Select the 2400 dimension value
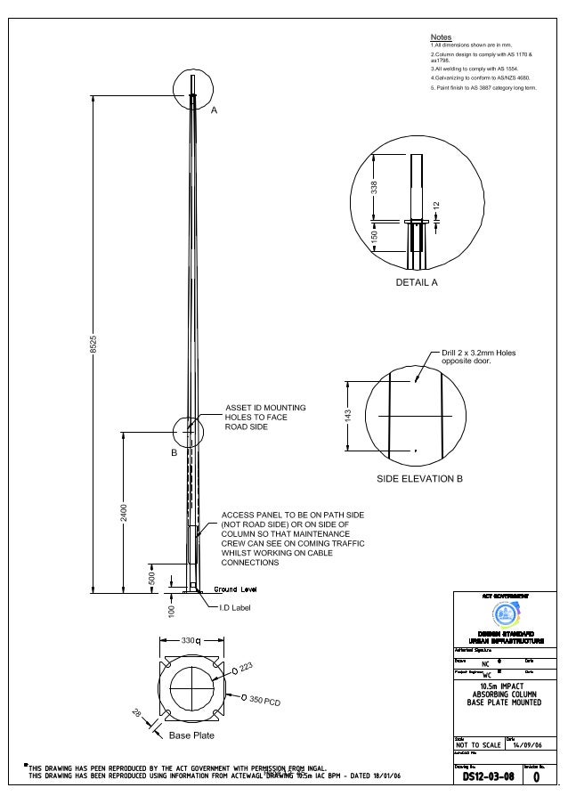[x=125, y=513]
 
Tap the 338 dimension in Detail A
[x=375, y=187]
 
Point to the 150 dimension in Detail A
[x=375, y=237]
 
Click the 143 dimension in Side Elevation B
[x=349, y=416]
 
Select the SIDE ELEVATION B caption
[x=420, y=479]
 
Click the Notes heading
[x=441, y=37]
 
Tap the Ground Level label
[x=236, y=589]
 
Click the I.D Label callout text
[x=236, y=608]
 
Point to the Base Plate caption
[x=191, y=735]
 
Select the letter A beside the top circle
[x=214, y=110]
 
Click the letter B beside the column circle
[x=174, y=452]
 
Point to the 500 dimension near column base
[x=151, y=577]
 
